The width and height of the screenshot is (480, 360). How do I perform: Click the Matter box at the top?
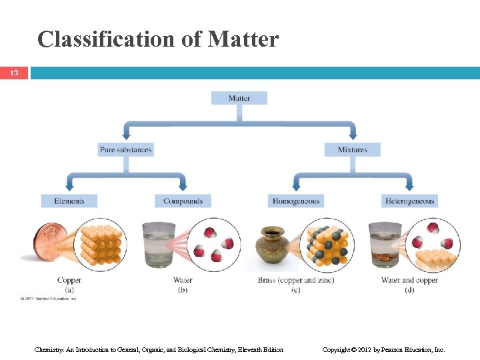coord(239,98)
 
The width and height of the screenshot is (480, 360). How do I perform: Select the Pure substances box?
coord(126,149)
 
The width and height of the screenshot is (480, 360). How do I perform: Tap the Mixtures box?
coord(352,149)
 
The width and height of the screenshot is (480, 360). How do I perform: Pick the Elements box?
coord(69,201)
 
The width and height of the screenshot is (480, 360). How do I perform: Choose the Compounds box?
coord(183,201)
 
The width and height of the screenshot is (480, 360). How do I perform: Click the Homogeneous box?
coord(295,201)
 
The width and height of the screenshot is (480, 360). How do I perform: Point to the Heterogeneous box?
coord(409,201)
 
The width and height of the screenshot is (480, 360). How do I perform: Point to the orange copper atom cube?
coord(100,244)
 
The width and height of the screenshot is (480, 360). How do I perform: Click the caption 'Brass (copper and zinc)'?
coord(295,280)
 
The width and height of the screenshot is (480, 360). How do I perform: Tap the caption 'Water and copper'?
coord(409,280)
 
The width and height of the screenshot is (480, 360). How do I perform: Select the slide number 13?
coord(14,73)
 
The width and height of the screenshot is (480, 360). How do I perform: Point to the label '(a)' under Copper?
coord(69,289)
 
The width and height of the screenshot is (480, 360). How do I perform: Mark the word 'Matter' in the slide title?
coord(243,39)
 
